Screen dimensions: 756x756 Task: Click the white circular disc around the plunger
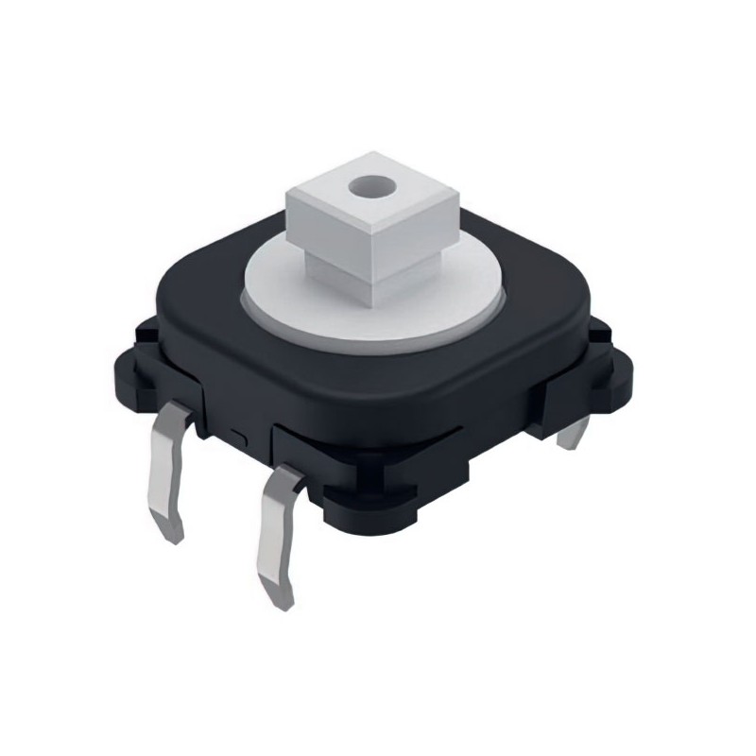(x=283, y=283)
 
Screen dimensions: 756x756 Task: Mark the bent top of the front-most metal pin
(x=283, y=482)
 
